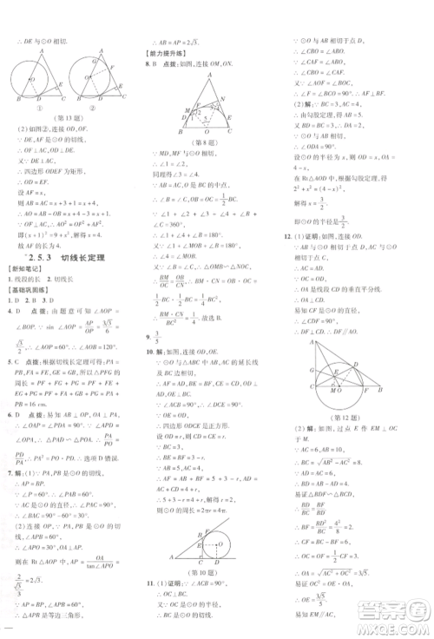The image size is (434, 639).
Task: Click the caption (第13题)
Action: (x=70, y=116)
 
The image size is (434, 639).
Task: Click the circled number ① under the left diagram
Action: (x=37, y=103)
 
